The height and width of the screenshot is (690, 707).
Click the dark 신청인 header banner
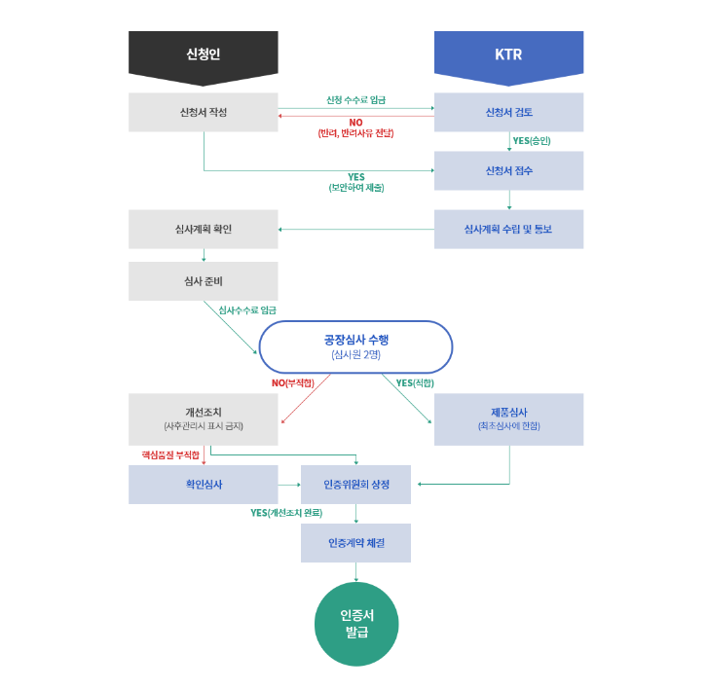tap(203, 54)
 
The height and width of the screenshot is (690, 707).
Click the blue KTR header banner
tap(508, 54)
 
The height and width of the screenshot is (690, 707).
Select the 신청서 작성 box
tap(203, 112)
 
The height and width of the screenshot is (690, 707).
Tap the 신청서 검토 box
tap(508, 112)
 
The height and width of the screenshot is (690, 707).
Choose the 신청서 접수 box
tap(508, 170)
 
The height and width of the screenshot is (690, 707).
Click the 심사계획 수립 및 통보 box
tap(508, 229)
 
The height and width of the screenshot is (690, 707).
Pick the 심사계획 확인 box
tap(203, 229)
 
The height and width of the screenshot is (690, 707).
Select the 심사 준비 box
tap(203, 280)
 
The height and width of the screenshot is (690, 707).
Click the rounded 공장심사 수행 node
tap(355, 346)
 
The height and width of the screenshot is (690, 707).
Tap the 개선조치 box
tap(203, 418)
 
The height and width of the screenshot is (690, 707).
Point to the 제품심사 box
tap(508, 418)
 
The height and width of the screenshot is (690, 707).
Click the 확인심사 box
tap(203, 484)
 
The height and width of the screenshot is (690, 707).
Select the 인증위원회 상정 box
tap(355, 484)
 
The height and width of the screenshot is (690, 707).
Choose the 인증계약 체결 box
tap(355, 543)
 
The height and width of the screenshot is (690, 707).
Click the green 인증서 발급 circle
tap(356, 624)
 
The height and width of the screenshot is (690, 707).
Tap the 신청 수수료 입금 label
tap(355, 100)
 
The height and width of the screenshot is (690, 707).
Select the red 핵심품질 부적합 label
tap(170, 454)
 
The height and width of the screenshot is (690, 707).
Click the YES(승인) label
tap(532, 141)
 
